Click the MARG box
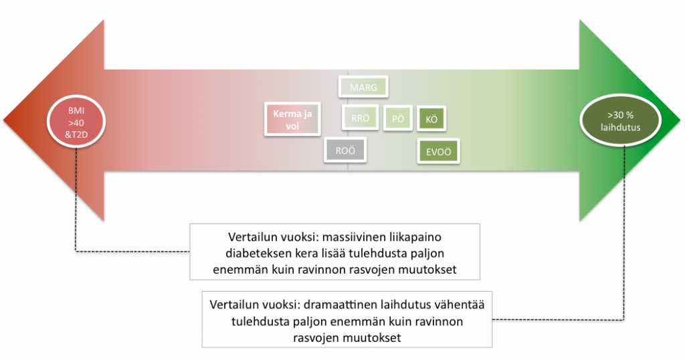click(x=363, y=87)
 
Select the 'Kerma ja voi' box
click(x=292, y=119)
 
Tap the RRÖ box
click(x=360, y=118)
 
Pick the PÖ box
click(x=397, y=118)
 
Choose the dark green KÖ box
click(x=431, y=119)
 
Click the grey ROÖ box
click(x=345, y=151)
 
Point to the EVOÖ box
click(x=438, y=152)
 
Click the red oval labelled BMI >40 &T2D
click(x=76, y=122)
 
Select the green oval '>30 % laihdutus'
click(x=620, y=120)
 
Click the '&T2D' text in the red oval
click(x=76, y=134)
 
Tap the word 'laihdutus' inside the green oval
click(x=620, y=127)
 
